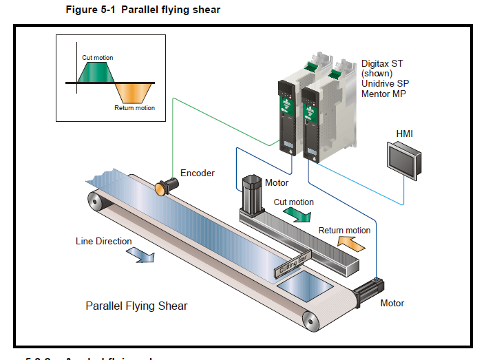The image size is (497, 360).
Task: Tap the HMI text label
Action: pos(404,133)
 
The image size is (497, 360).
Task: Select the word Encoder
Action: pos(198,173)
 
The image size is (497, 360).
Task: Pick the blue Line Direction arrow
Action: pos(141,255)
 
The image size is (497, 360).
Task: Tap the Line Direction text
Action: pos(103,242)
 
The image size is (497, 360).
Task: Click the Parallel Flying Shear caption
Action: pos(136,306)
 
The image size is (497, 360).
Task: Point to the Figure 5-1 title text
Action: pos(143,10)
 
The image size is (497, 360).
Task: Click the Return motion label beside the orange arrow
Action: pos(344,231)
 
